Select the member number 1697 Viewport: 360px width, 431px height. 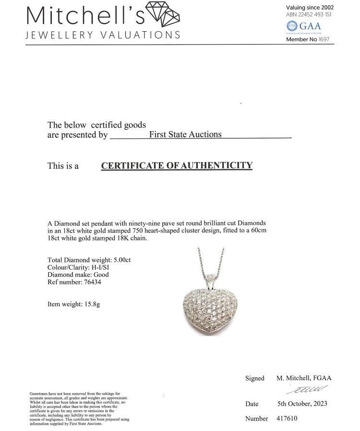(x=324, y=39)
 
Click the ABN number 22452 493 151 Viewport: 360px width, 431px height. (x=315, y=14)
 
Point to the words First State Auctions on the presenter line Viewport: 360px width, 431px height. (x=185, y=134)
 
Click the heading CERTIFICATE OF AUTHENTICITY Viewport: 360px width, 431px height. (x=177, y=166)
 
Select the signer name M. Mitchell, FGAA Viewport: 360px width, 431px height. (x=304, y=378)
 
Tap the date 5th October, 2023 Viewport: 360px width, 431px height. (x=302, y=404)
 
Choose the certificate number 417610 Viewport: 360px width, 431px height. (x=287, y=419)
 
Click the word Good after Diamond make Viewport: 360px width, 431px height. (x=101, y=275)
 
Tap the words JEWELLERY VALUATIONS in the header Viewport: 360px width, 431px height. (x=103, y=35)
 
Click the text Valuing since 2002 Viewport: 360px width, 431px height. (x=310, y=7)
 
